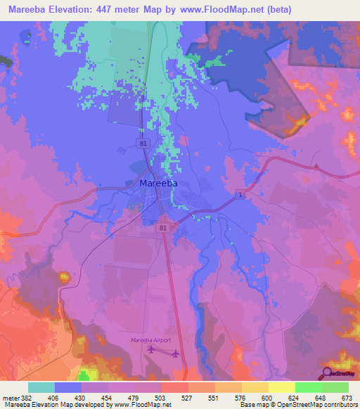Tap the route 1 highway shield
click(x=240, y=194)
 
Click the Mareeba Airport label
click(x=151, y=340)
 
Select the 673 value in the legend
click(x=347, y=397)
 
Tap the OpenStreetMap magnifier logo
click(x=328, y=373)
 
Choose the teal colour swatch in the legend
click(x=41, y=387)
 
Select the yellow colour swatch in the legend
click(x=281, y=387)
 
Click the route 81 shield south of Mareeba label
click(x=164, y=228)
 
